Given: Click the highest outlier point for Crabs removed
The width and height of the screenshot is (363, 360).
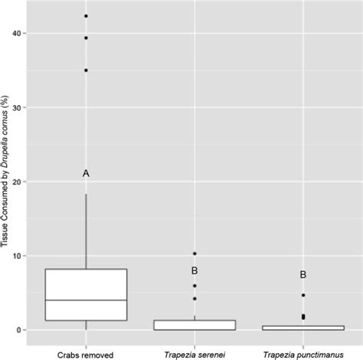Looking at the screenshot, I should pos(86,16).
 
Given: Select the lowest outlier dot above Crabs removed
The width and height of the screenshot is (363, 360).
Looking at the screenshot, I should pos(86,70).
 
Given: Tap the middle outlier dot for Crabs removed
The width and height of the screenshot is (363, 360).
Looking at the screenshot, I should pos(86,38).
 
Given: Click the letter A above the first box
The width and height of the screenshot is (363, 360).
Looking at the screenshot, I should pos(86,174).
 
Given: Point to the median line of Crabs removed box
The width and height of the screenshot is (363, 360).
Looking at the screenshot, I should pos(86,300).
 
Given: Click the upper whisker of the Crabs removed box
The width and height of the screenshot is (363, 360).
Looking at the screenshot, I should pos(86,230).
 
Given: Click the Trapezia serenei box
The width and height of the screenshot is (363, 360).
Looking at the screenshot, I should pos(195,325).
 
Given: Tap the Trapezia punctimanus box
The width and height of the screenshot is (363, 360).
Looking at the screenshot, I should pos(303,328).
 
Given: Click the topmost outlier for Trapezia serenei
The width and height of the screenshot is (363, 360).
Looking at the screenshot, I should pos(195,254).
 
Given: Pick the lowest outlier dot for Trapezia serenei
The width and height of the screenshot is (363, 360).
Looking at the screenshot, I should pos(195,298).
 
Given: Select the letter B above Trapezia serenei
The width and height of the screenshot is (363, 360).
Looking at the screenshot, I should pos(195,270).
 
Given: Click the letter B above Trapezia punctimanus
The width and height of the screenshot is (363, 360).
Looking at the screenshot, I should pos(303,274).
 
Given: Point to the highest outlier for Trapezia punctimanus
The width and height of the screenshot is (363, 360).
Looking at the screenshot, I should pos(303,295).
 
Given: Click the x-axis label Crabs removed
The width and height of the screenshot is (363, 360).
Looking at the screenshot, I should pos(86,353).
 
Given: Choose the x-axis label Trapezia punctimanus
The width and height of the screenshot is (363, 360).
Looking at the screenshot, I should pos(303,353).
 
